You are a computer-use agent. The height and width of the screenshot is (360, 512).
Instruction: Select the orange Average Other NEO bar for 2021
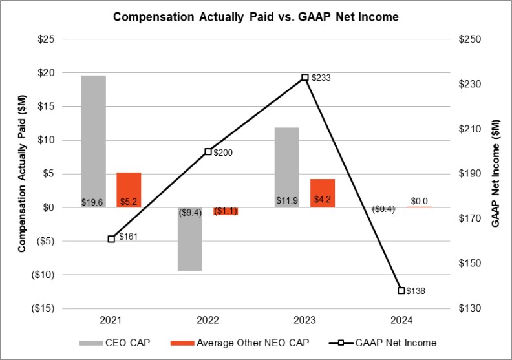click(129, 189)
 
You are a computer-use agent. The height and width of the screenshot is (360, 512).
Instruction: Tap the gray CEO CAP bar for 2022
click(190, 238)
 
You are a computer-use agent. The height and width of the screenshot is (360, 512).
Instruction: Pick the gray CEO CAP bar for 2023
click(287, 167)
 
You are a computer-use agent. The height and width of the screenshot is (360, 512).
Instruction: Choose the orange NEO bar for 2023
click(322, 193)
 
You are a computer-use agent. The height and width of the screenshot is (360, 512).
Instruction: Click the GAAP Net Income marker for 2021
click(111, 239)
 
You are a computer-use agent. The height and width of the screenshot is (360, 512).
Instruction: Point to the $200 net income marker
click(208, 152)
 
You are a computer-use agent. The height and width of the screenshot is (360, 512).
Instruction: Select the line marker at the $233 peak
click(305, 78)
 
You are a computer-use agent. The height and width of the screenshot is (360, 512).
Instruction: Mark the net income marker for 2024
click(401, 290)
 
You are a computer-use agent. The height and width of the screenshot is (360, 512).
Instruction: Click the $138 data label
click(416, 291)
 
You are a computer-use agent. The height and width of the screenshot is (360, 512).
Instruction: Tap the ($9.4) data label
click(189, 209)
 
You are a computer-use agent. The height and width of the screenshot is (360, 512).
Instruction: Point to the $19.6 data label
click(94, 202)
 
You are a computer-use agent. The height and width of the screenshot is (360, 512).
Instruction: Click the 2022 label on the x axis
click(208, 320)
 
